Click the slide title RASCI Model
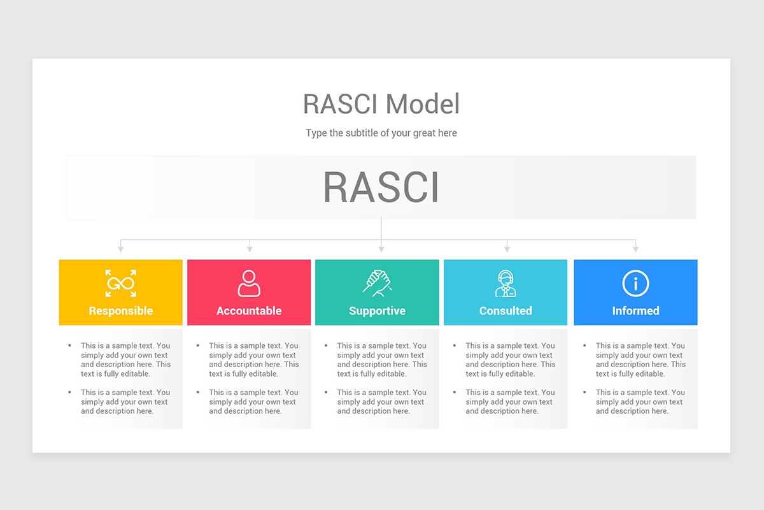tap(381, 104)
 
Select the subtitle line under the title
tap(381, 133)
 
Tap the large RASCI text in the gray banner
tap(381, 187)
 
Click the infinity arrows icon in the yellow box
tap(121, 283)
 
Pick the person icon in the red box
tap(249, 283)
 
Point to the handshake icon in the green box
tap(377, 283)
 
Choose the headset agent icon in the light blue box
tap(506, 284)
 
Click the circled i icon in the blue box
tap(635, 283)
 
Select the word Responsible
tap(121, 311)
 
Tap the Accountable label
tap(249, 311)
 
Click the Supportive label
tap(377, 311)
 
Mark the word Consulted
tap(506, 311)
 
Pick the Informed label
tap(635, 311)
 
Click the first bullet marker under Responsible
tap(69, 346)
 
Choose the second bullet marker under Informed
tap(584, 392)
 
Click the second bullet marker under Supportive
tap(326, 392)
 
